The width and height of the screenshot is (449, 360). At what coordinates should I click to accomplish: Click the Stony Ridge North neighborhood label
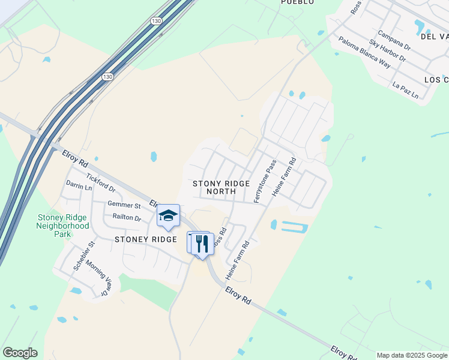[x=221, y=187]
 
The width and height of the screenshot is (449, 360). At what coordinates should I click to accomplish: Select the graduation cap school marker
[x=169, y=216]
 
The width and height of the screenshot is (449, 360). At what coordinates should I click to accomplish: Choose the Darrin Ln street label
[x=79, y=186]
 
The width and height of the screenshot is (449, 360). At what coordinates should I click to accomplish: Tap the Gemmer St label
[x=124, y=205]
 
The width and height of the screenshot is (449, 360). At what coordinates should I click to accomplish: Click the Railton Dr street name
[x=126, y=218]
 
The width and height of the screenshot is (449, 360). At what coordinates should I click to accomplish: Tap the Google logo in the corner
[x=20, y=353]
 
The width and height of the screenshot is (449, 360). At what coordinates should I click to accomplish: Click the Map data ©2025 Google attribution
[x=412, y=355]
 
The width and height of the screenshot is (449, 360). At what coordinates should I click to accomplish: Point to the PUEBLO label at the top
[x=297, y=2]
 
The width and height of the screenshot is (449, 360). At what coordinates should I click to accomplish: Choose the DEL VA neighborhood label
[x=435, y=37]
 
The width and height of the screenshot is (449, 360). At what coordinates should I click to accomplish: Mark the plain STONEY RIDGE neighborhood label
[x=145, y=239]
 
